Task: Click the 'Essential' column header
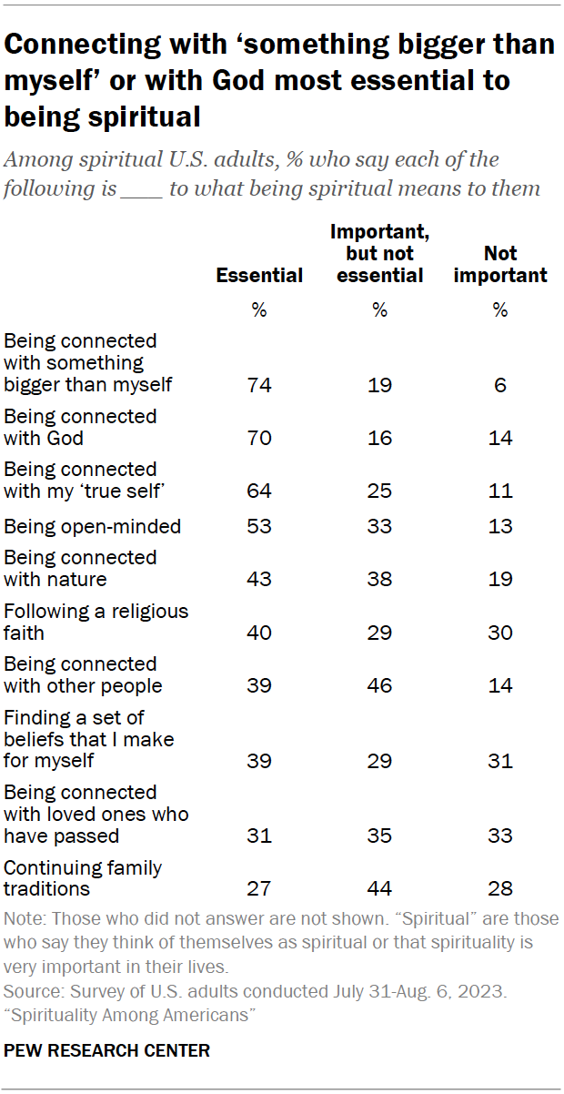(x=259, y=276)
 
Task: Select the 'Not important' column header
(x=499, y=264)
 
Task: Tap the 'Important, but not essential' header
(x=379, y=254)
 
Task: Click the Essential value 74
(x=259, y=385)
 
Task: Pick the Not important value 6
(x=500, y=385)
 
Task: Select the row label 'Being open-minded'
(x=93, y=526)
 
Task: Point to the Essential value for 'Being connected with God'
(x=259, y=439)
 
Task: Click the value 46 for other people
(x=379, y=686)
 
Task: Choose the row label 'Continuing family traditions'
(x=84, y=877)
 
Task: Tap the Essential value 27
(x=259, y=888)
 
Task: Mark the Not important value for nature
(x=500, y=580)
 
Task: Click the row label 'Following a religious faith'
(x=96, y=622)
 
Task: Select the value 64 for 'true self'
(x=259, y=491)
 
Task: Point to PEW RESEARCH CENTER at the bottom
(x=107, y=1050)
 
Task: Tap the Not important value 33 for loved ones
(x=500, y=836)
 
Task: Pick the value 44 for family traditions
(x=379, y=888)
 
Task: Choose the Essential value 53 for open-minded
(x=259, y=526)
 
